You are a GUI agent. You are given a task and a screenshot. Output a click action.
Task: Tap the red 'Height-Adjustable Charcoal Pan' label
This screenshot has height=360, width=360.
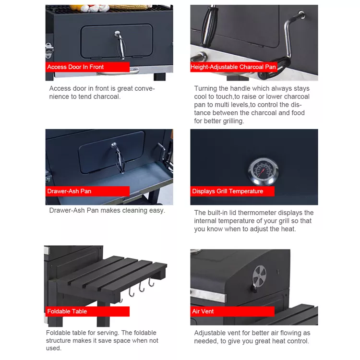tap(234, 67)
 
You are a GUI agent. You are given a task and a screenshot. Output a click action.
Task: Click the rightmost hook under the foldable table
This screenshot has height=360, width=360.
tap(152, 283)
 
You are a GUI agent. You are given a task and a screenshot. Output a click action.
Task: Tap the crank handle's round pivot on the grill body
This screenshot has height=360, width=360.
tap(301, 14)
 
